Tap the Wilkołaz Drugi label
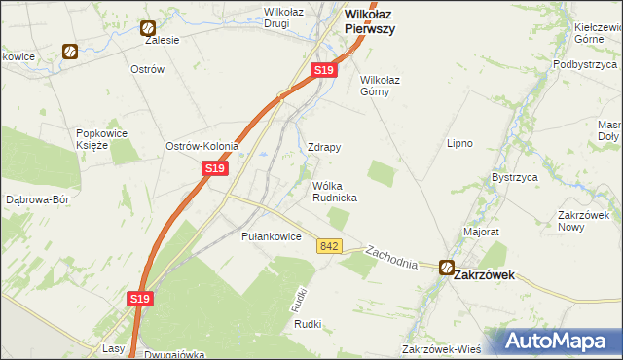click(276, 18)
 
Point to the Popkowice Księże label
click(99, 137)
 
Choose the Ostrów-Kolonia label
click(202, 146)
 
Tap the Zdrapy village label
click(324, 148)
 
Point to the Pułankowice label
click(272, 236)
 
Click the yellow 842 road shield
click(328, 247)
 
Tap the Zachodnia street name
click(391, 256)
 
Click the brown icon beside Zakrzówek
click(446, 268)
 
